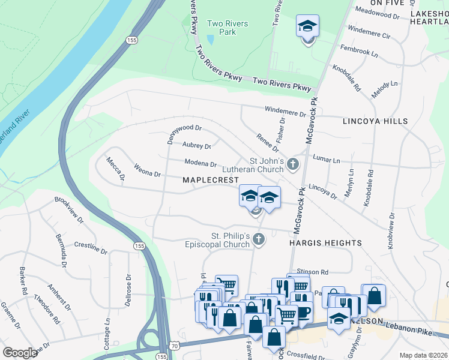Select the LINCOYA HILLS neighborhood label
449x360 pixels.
pos(375,121)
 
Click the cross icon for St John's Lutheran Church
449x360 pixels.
pos(292,164)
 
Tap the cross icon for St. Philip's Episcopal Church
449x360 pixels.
pos(259,239)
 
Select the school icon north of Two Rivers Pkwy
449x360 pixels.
pos(307,27)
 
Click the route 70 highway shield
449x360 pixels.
pos(174,346)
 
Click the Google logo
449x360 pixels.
pos(20,352)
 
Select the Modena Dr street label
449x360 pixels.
pos(200,163)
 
